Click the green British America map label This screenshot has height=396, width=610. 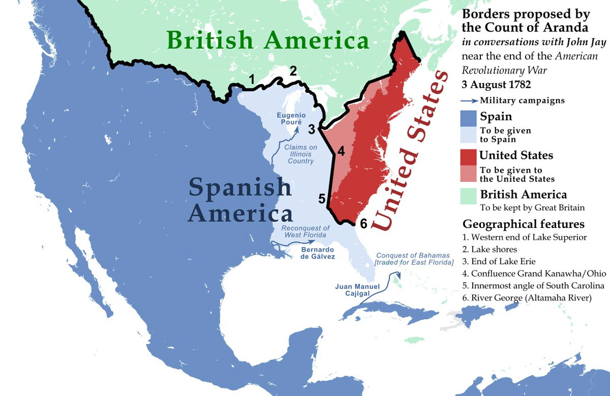pos(267,40)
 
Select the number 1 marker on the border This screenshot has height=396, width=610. pos(251,79)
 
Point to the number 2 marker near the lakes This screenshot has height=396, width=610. pos(293,71)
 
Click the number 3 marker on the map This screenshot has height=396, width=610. pos(312,129)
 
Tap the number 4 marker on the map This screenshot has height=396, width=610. pos(341,151)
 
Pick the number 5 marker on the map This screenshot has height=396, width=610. pos(322,199)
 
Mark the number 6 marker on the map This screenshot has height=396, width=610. pos(362,223)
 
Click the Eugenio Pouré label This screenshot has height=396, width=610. pos(291,119)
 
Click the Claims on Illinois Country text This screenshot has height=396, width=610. pos(299,154)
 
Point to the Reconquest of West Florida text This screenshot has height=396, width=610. pos(306,231)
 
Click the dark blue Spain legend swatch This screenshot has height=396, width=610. pos(470,118)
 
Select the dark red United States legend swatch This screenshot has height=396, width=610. pos(470,156)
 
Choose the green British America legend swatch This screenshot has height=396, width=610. pos(470,195)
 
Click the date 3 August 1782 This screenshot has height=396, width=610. pos(494,83)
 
